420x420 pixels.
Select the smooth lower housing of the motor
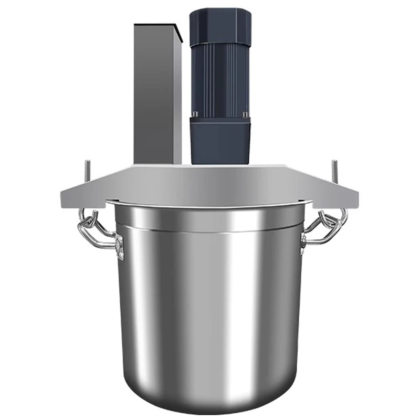point(220,139)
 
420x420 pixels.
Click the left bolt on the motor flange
point(194,114)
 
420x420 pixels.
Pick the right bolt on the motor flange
point(245,114)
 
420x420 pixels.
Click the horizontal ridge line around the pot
point(210,231)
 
